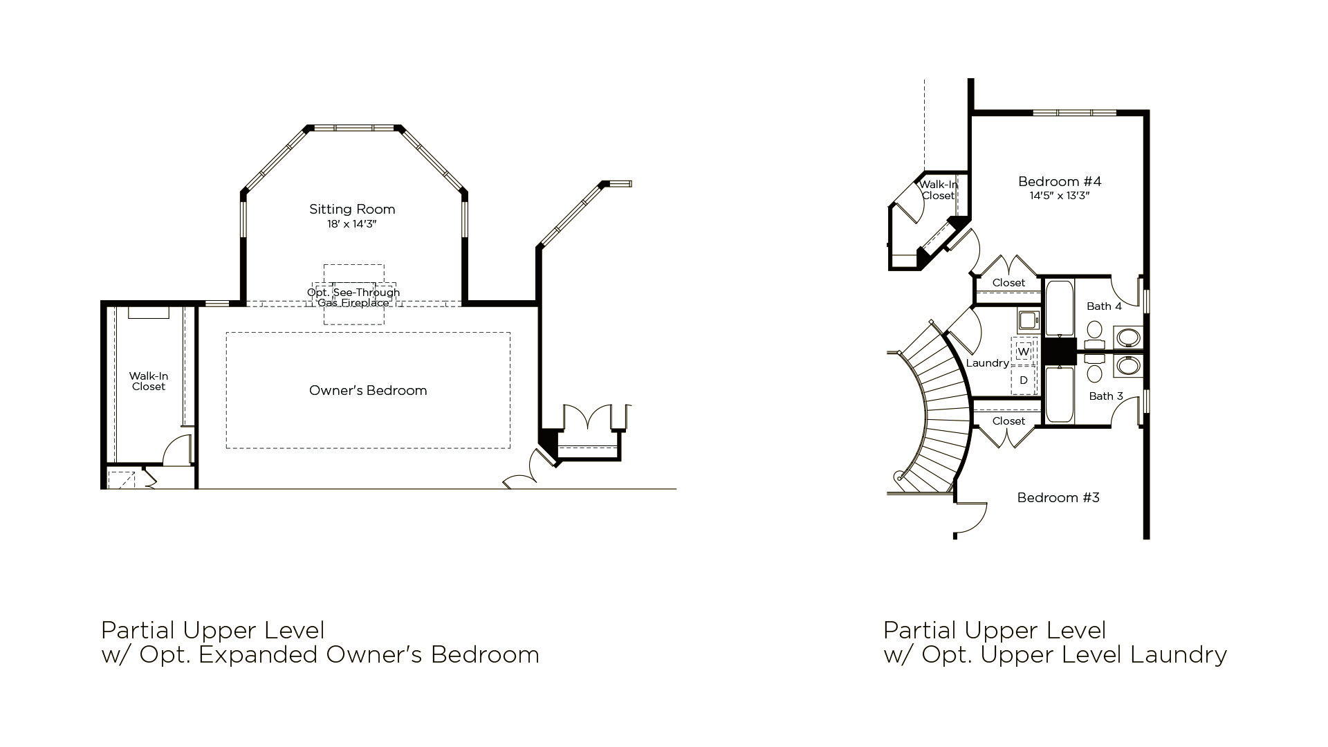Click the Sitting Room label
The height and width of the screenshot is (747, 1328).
(352, 209)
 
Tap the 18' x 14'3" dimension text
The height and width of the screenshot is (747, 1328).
(352, 224)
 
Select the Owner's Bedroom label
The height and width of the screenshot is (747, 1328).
(368, 390)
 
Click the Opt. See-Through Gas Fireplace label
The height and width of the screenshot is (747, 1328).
(353, 297)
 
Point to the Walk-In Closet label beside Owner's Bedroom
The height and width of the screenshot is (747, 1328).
(149, 381)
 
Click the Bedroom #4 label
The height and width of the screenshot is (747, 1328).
(1060, 181)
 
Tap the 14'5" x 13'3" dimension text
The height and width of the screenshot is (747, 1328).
(1060, 196)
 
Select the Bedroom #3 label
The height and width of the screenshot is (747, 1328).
(1058, 497)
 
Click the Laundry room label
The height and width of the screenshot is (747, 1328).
(987, 363)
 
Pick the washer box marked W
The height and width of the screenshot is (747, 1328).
(1024, 351)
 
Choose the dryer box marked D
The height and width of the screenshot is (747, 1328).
(1024, 380)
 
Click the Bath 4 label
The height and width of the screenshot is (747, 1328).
(1104, 306)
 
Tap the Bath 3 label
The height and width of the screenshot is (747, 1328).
(1106, 396)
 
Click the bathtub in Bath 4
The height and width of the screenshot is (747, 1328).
(1059, 308)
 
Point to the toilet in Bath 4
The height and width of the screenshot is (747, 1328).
(1094, 334)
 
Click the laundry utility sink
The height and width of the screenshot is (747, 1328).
(1028, 320)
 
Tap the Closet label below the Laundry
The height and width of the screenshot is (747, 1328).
(1008, 421)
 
